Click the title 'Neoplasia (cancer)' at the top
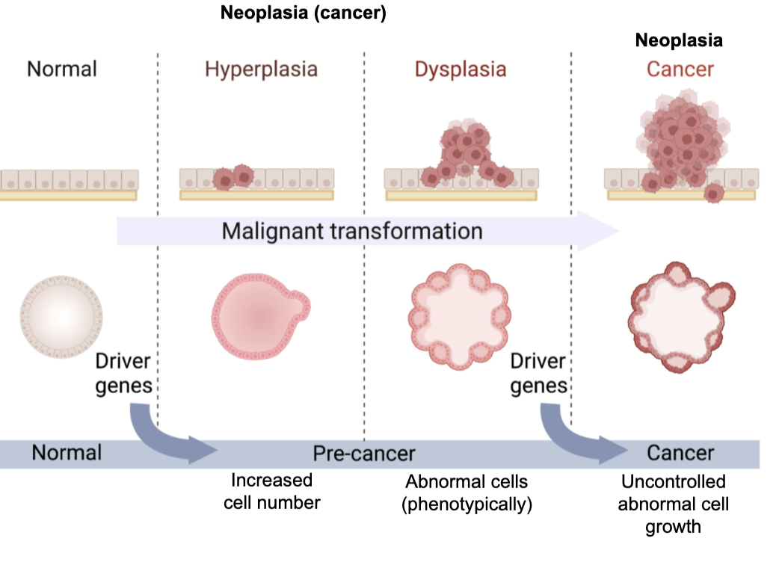(x=304, y=13)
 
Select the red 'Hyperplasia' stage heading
(x=262, y=70)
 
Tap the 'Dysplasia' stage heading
(x=461, y=70)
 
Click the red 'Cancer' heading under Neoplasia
(x=680, y=70)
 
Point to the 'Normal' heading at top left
(x=62, y=70)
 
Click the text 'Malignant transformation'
(x=352, y=231)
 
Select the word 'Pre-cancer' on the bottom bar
(x=364, y=453)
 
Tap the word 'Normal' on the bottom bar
(x=67, y=453)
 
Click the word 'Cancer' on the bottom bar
(x=680, y=453)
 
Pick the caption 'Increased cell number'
(x=271, y=491)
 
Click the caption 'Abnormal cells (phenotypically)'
(x=467, y=493)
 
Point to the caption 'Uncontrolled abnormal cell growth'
(x=674, y=504)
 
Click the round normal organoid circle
(x=61, y=317)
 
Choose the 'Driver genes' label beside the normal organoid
(x=123, y=374)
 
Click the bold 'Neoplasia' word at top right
(x=679, y=40)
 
